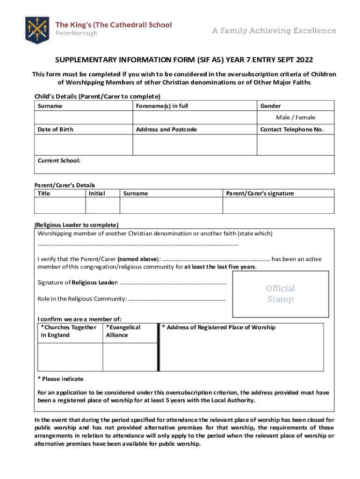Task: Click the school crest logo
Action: click(37, 29)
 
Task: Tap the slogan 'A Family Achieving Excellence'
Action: click(274, 31)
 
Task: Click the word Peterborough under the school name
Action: click(77, 34)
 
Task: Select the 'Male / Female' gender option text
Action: click(295, 117)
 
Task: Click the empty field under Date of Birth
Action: click(84, 145)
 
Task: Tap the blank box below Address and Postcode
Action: click(195, 145)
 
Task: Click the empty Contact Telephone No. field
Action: click(295, 145)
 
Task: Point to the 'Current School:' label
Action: click(59, 161)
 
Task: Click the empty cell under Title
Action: click(60, 205)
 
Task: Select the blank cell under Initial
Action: click(103, 205)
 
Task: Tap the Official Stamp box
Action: click(281, 294)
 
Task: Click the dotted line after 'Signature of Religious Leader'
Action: click(173, 283)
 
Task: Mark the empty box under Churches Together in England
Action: click(70, 357)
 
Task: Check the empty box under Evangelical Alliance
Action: click(129, 357)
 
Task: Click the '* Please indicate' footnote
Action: click(60, 379)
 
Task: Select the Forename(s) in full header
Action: click(162, 106)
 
